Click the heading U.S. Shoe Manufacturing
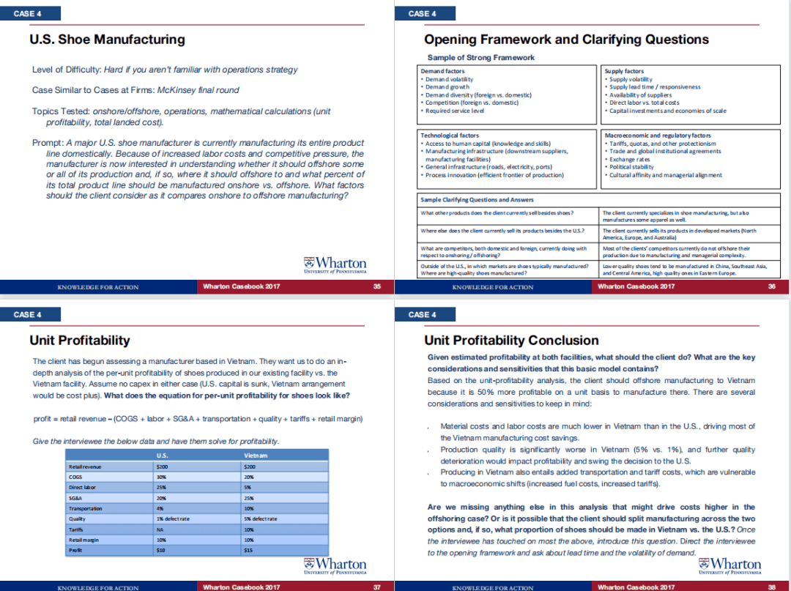tap(107, 40)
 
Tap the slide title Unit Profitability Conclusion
tap(511, 340)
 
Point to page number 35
tap(377, 286)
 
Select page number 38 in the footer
tap(771, 587)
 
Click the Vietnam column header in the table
tap(255, 456)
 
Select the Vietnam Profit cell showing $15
tap(249, 549)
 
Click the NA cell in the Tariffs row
tap(160, 529)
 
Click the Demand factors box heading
tap(442, 71)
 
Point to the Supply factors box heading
tap(624, 71)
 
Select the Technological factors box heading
tap(450, 135)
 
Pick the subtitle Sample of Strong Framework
tap(480, 57)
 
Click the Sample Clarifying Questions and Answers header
tap(477, 199)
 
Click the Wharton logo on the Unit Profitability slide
tap(335, 564)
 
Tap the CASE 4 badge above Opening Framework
tap(423, 13)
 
